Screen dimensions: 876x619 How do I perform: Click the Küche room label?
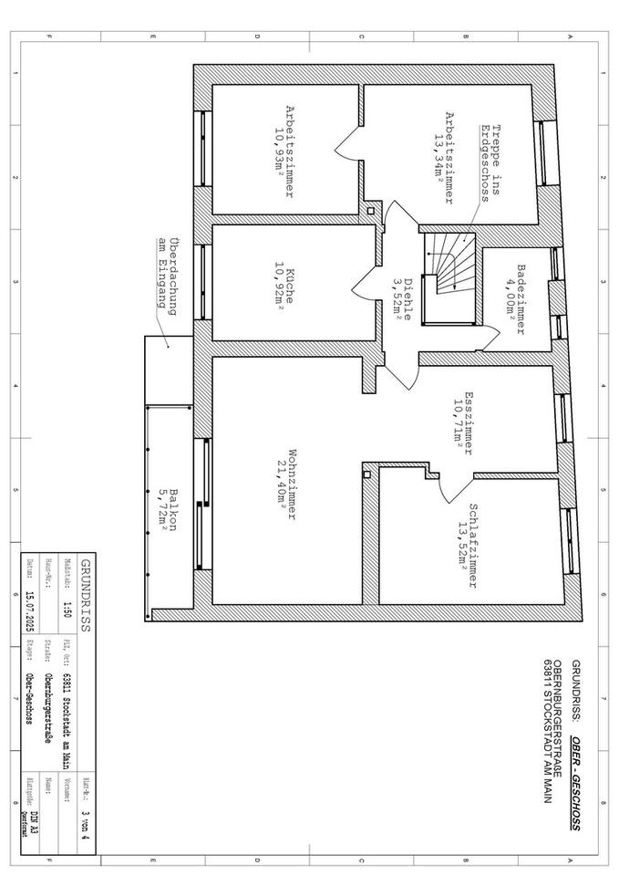point(290,287)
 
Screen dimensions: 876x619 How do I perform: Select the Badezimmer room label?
point(521,301)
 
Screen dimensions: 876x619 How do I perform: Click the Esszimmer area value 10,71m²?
point(447,423)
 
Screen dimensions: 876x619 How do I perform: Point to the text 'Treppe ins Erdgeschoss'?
point(491,164)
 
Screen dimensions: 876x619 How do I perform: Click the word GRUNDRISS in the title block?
point(86,594)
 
